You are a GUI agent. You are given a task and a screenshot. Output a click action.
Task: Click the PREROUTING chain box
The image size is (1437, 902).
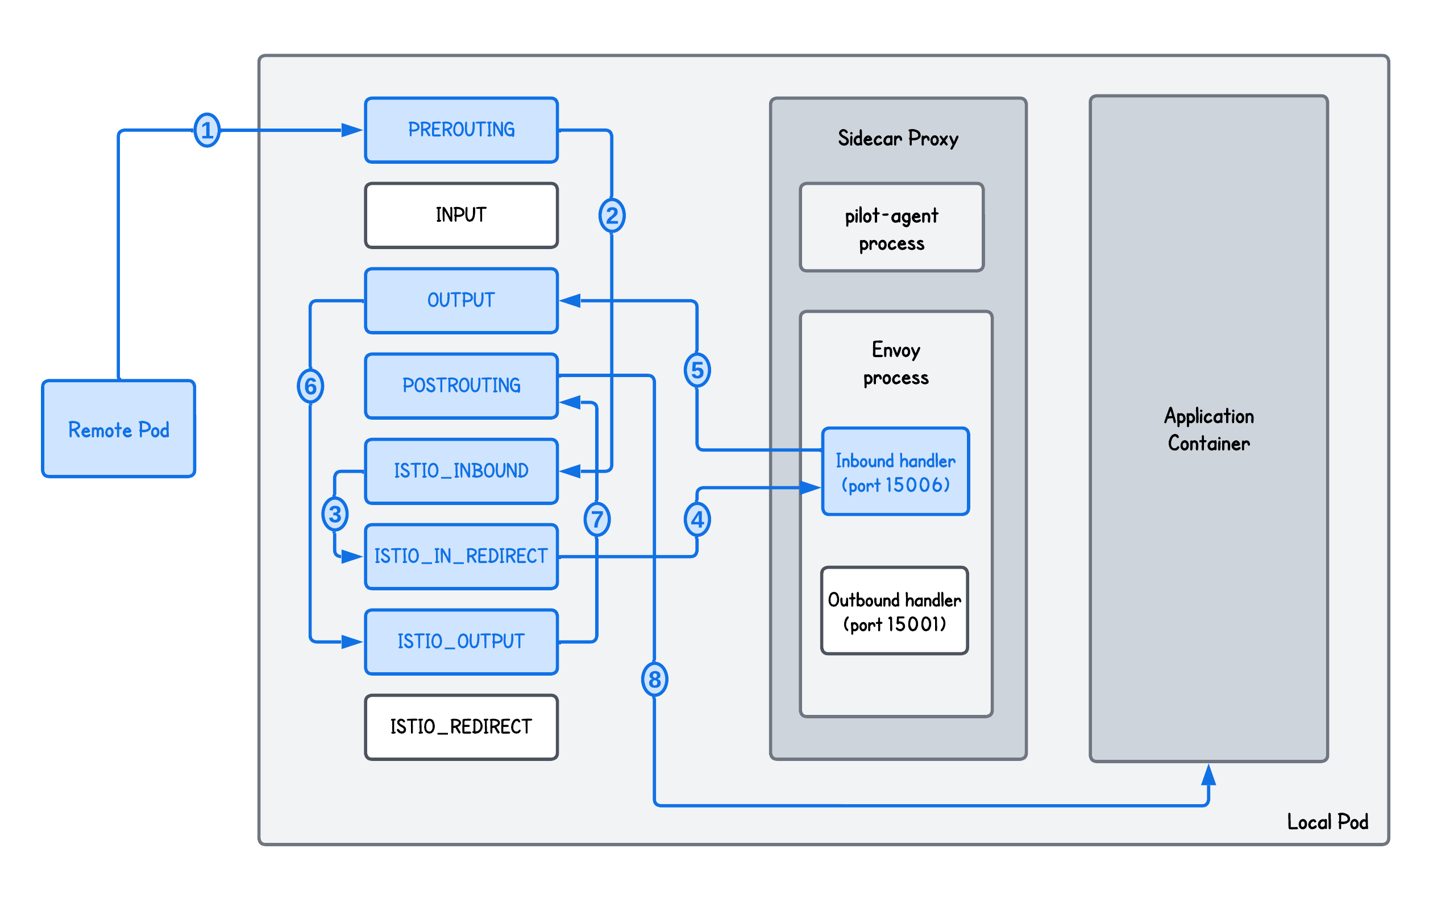coord(461,130)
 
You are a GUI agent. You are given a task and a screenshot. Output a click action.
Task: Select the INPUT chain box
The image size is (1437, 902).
coord(461,216)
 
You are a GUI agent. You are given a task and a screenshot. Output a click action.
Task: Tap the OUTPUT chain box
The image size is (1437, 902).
coord(461,301)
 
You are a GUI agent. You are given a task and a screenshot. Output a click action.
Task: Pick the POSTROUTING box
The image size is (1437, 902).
coord(461,386)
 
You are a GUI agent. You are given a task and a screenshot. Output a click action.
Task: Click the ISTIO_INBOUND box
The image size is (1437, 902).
coord(461,471)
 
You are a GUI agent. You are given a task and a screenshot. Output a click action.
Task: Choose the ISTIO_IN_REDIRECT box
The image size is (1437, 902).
coord(461,557)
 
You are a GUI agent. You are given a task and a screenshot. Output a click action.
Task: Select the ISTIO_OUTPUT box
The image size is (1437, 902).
coord(461,642)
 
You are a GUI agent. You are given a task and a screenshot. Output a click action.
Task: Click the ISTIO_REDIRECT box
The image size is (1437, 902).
coord(461,727)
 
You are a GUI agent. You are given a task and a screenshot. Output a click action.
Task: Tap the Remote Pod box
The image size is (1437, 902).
coord(119,429)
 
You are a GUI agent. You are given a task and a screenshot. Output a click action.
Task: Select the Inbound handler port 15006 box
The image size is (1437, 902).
coord(895,471)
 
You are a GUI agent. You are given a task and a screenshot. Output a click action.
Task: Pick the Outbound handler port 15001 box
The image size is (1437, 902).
coord(894,611)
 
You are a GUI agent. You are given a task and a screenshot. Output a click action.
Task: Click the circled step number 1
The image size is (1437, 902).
coord(207,130)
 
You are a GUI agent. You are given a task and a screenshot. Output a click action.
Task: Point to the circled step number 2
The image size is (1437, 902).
coord(612,216)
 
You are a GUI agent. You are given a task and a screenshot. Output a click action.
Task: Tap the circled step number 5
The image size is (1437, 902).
coord(697,370)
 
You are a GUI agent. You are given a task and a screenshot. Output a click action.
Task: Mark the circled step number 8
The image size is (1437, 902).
coord(654,680)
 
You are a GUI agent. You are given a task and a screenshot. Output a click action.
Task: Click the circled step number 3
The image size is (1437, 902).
coord(335,514)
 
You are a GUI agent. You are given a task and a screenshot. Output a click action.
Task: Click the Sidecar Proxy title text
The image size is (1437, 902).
coord(898,138)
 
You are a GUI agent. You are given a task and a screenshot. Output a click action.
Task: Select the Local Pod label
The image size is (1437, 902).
coord(1327,822)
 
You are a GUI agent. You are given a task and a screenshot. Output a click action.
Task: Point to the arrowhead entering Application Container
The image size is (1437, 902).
coord(1208,775)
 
